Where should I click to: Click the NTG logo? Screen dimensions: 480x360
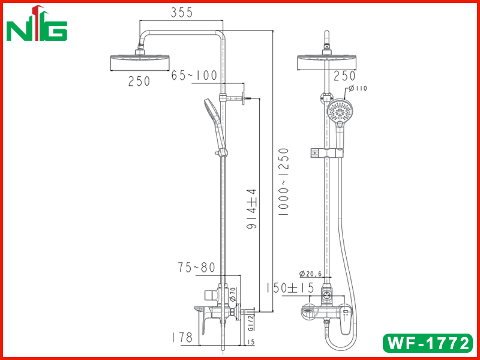click(37, 23)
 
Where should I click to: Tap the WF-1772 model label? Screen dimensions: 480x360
click(428, 343)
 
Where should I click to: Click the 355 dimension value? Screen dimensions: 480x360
click(182, 13)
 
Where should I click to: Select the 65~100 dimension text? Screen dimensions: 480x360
click(194, 76)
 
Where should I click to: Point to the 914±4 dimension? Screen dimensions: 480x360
click(251, 209)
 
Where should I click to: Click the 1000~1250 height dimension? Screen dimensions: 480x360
click(283, 182)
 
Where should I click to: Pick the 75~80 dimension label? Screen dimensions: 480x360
click(197, 268)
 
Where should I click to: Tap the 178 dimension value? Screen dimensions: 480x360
click(182, 337)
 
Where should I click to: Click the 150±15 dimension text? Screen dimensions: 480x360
click(290, 288)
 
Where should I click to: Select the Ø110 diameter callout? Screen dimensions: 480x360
click(358, 88)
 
